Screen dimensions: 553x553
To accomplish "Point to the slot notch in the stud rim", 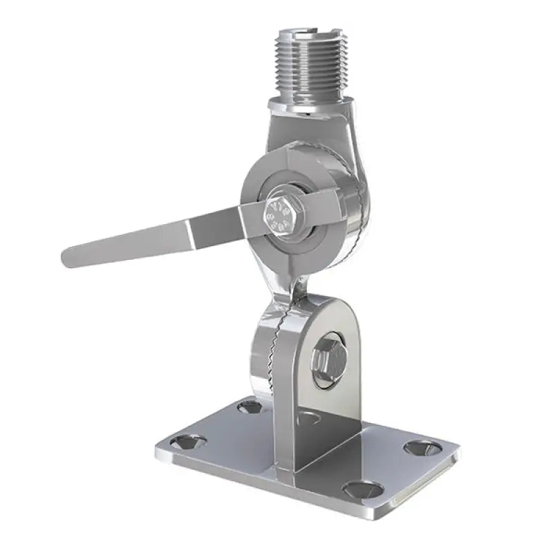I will pyautogui.click(x=304, y=32).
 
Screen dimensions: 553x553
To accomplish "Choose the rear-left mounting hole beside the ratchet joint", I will pyautogui.click(x=250, y=406).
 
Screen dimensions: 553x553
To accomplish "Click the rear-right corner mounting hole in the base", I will pyautogui.click(x=422, y=447).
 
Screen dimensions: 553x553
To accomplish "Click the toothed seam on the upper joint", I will pyautogui.click(x=353, y=200).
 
